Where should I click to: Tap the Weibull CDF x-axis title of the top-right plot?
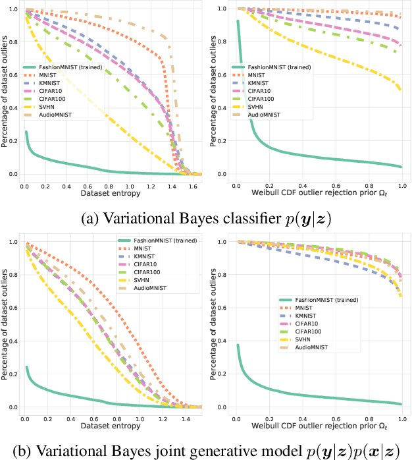coord(319,196)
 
